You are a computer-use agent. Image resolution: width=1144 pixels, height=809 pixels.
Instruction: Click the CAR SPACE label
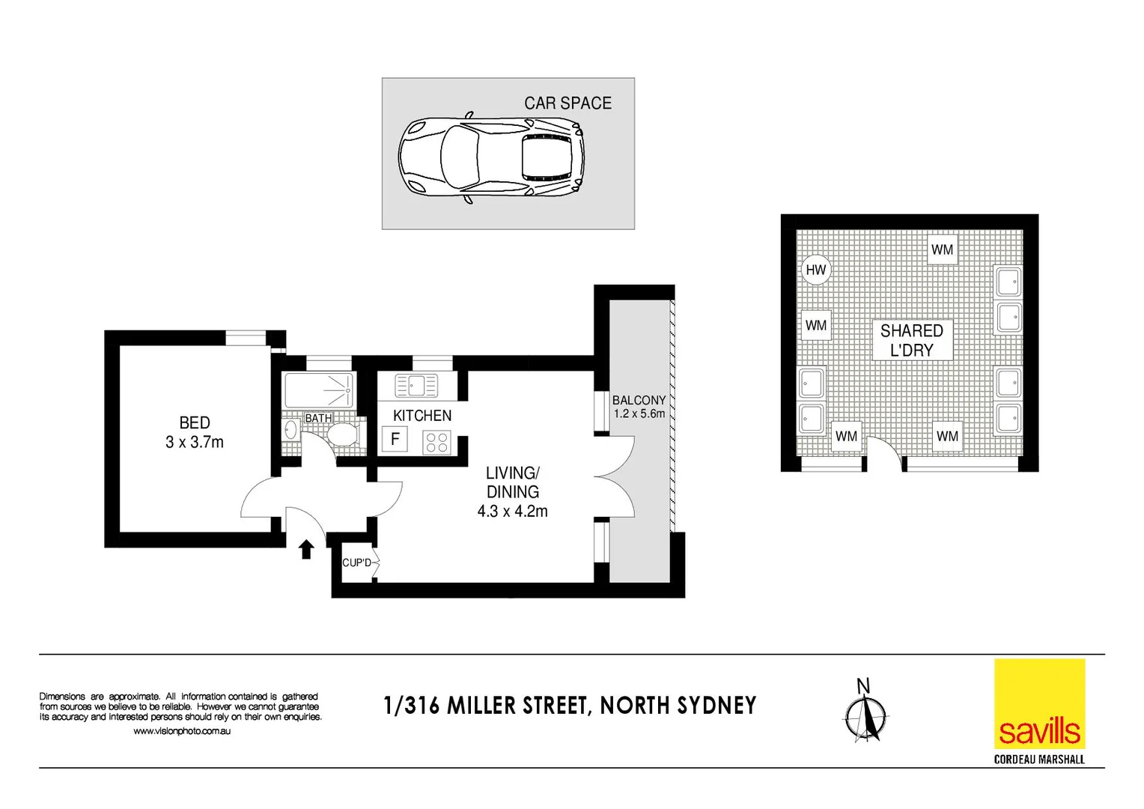click(568, 103)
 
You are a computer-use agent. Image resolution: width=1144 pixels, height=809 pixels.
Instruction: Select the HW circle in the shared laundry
click(815, 270)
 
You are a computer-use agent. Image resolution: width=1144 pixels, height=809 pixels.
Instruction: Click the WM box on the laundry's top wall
click(942, 249)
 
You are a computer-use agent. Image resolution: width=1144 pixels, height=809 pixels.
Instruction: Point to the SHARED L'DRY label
click(911, 340)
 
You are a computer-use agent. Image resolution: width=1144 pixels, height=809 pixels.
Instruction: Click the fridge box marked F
click(395, 439)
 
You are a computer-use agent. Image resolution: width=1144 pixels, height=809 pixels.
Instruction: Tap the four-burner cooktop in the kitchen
click(436, 443)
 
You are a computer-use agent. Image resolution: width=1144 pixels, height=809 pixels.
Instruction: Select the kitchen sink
click(416, 386)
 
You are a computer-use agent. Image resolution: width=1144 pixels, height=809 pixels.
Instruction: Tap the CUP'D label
click(356, 563)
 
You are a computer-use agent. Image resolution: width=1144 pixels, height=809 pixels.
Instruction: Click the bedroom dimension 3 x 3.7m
click(195, 442)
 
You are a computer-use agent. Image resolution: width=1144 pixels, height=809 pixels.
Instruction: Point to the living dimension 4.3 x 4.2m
click(512, 511)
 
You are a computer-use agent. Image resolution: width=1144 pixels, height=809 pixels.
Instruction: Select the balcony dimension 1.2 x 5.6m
click(639, 413)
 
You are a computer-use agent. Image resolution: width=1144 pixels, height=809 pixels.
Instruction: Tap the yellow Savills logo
click(1039, 703)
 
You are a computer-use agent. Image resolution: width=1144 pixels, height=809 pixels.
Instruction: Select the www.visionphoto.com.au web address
click(182, 731)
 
